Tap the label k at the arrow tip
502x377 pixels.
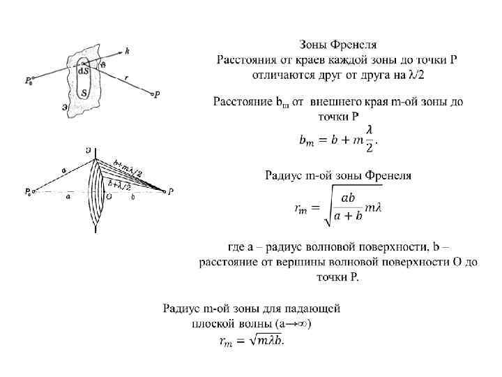tap(127, 50)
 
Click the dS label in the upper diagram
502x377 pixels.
tap(84, 71)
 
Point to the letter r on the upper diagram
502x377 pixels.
tap(125, 78)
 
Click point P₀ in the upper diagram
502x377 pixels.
tap(28, 81)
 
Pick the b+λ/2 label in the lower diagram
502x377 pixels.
tap(120, 184)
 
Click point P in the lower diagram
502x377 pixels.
tap(171, 191)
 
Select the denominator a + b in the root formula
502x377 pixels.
tap(349, 216)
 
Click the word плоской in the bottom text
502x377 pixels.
tap(212, 323)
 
